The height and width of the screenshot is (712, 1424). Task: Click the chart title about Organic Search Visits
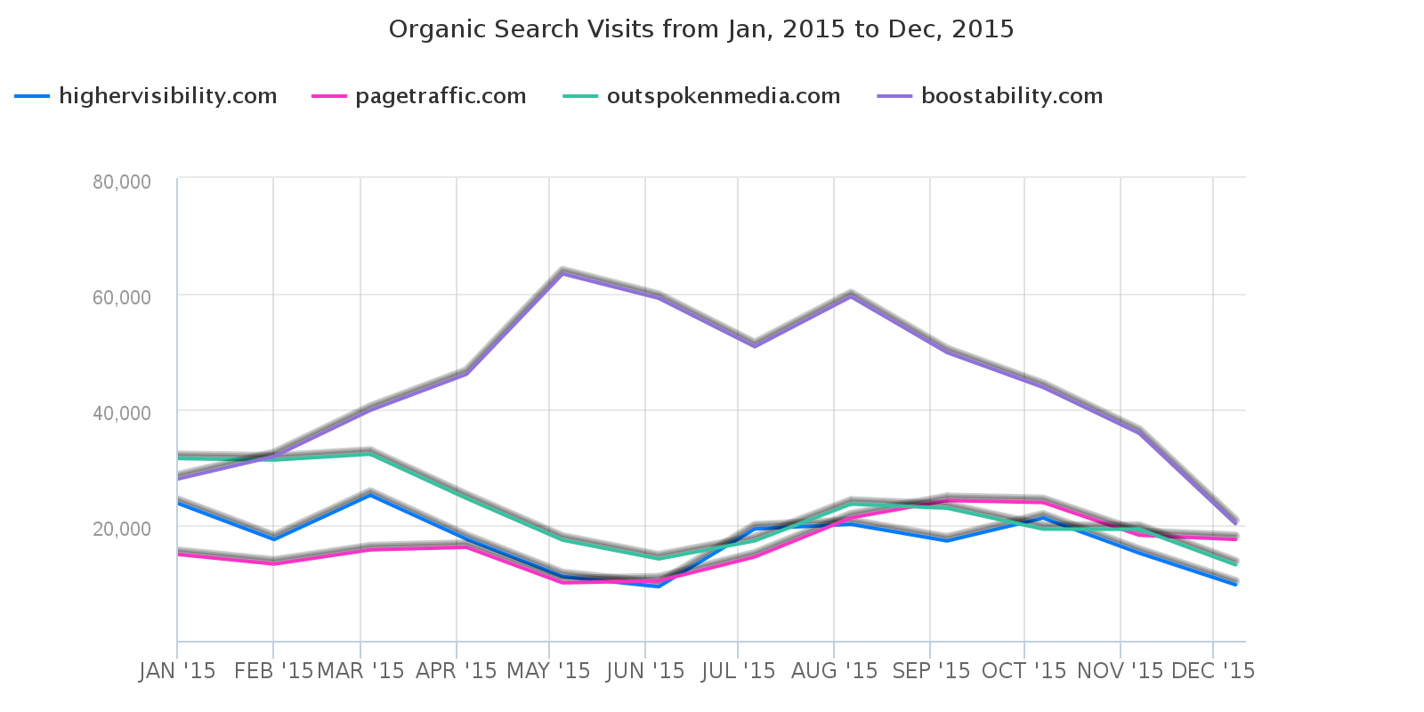[x=701, y=29]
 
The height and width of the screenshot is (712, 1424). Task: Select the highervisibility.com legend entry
[x=167, y=96]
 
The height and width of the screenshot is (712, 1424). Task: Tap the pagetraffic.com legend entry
[x=441, y=96]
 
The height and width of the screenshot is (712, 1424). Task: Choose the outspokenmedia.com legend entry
[x=723, y=96]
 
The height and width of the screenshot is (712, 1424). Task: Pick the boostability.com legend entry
[x=1012, y=96]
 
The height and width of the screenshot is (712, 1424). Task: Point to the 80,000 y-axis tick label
[x=122, y=182]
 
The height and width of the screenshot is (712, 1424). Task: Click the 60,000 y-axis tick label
[x=122, y=296]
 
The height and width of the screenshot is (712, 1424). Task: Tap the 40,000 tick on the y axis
[x=122, y=412]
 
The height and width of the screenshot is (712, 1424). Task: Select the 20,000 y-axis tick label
[x=122, y=528]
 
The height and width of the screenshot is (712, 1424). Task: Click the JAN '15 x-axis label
[x=178, y=671]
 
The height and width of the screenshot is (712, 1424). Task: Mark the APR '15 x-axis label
[x=457, y=671]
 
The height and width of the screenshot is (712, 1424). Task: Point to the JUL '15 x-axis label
[x=738, y=671]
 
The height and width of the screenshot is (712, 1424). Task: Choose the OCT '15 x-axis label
[x=1023, y=671]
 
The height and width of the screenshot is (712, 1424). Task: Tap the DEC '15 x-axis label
[x=1213, y=671]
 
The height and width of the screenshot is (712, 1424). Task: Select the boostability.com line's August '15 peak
[x=851, y=295]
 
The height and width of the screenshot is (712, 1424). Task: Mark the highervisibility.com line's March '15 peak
[x=370, y=494]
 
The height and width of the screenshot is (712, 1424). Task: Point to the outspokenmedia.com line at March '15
[x=370, y=453]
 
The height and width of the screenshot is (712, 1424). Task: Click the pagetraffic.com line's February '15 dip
[x=273, y=562]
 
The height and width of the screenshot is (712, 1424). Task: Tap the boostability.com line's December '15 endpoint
[x=1235, y=522]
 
